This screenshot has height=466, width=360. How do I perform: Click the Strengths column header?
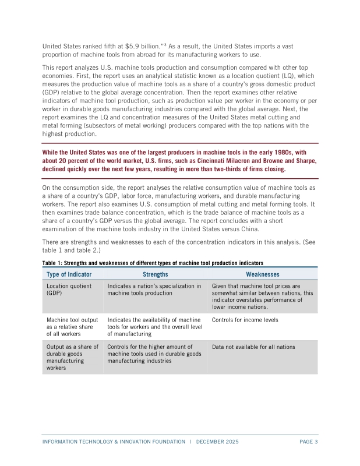click(x=155, y=274)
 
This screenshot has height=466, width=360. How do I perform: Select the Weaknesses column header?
click(x=262, y=274)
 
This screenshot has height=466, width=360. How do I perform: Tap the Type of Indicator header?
click(x=69, y=274)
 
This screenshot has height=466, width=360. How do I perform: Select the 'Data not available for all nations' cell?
click(x=253, y=347)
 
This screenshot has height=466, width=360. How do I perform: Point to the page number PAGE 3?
click(x=308, y=442)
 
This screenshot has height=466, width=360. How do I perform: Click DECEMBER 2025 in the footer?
click(x=217, y=442)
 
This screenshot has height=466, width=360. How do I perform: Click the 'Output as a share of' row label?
click(x=71, y=347)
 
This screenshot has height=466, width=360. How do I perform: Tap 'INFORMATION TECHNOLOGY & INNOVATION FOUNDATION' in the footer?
click(x=114, y=442)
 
